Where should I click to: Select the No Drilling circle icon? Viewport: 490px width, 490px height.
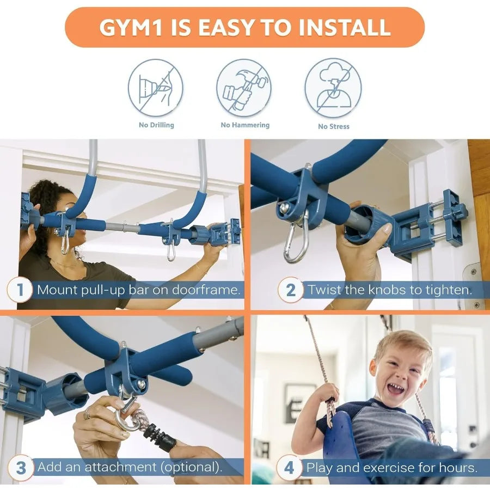156,88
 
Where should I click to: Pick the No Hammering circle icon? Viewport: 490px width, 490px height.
244,88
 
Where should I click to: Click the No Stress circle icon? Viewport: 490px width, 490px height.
333,88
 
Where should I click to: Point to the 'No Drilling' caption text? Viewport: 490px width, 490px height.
156,125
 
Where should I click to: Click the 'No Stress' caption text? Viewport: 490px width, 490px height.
333,126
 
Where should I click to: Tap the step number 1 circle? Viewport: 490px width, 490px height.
20,290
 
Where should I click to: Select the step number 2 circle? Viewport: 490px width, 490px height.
291,290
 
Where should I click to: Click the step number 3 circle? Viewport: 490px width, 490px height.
20,468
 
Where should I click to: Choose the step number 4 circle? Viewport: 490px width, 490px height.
289,468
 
